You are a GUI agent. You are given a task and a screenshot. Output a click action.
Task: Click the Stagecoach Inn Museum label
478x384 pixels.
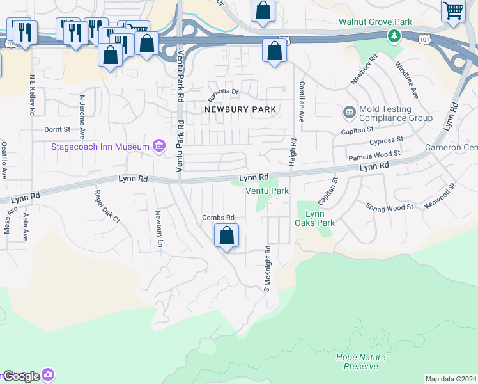(100, 147)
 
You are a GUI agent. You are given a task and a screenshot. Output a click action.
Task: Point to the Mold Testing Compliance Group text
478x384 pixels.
(395, 113)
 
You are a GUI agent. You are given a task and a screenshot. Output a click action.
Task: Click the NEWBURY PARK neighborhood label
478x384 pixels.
(240, 109)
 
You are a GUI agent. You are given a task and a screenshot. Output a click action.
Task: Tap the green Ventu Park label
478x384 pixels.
(267, 191)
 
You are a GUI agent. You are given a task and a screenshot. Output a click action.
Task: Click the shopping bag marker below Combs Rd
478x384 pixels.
(226, 236)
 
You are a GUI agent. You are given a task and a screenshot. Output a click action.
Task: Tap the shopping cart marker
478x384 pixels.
(453, 11)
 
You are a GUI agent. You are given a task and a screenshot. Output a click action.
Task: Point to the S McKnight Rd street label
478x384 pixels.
(267, 269)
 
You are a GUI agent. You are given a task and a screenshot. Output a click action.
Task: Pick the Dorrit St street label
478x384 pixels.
(57, 129)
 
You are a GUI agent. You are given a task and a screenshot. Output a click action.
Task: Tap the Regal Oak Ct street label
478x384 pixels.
(107, 206)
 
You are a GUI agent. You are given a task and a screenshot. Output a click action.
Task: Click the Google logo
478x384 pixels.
(22, 376)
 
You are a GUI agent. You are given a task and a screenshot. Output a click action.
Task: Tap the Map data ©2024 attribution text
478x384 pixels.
(451, 379)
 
